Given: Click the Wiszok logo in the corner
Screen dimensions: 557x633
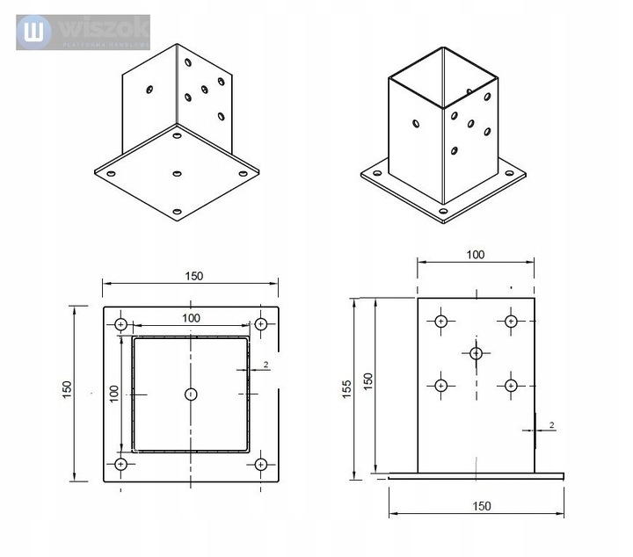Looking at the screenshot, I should tap(83, 33).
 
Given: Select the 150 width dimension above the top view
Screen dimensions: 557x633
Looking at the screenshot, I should tap(193, 276).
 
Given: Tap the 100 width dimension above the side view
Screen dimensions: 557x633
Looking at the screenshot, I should tap(475, 255).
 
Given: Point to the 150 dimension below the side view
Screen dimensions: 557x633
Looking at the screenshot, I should tap(481, 506).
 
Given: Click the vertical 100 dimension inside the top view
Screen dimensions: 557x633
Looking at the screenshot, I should tap(113, 393).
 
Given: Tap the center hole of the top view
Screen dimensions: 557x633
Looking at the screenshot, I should tap(191, 394).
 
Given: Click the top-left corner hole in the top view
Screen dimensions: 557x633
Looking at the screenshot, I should tap(121, 324).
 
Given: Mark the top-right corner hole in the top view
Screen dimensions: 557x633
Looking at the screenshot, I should tap(260, 324).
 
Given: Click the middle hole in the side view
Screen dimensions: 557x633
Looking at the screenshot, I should tap(476, 353).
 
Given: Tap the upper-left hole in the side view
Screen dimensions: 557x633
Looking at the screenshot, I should tap(441, 322).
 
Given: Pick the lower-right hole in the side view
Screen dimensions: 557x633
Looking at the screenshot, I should tap(511, 385).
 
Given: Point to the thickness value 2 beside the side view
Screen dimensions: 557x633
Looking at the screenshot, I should tap(551, 425).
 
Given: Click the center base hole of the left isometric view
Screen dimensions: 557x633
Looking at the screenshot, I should tap(177, 174).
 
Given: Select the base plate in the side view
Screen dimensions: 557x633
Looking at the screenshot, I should tap(476, 476).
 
